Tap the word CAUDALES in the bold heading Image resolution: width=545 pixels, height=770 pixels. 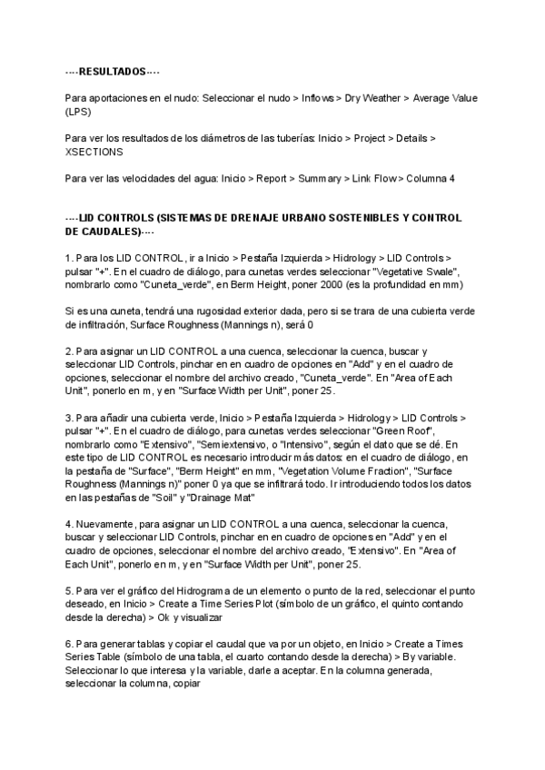[x=102, y=232]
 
